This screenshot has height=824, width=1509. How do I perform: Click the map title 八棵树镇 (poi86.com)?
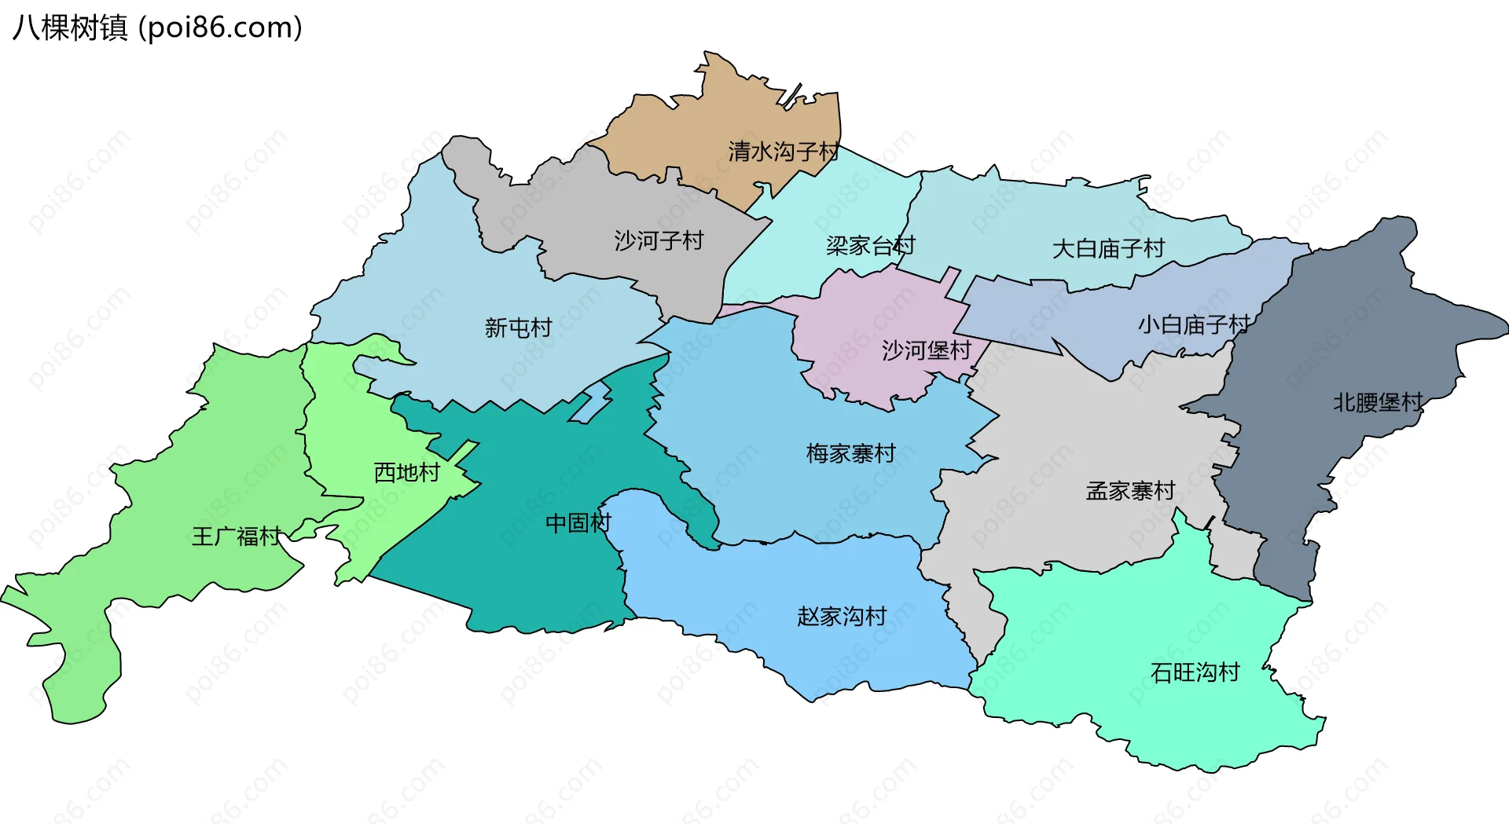pyautogui.click(x=157, y=27)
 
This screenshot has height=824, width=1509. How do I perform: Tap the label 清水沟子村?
pyautogui.click(x=783, y=151)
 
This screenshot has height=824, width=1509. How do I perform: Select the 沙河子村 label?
pyautogui.click(x=659, y=240)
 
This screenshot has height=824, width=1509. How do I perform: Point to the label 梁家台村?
pyautogui.click(x=870, y=246)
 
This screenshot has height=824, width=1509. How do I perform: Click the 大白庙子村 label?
pyautogui.click(x=1108, y=249)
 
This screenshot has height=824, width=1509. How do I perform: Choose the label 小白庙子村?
pyautogui.click(x=1193, y=324)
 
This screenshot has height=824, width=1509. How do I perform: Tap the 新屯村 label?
pyautogui.click(x=518, y=328)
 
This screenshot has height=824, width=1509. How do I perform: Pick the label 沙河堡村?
pyautogui.click(x=926, y=350)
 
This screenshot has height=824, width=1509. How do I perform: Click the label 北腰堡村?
pyautogui.click(x=1377, y=403)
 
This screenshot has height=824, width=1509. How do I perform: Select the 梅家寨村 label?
pyautogui.click(x=850, y=453)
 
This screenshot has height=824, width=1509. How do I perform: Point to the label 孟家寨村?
pyautogui.click(x=1129, y=491)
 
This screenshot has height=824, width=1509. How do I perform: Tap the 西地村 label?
pyautogui.click(x=406, y=472)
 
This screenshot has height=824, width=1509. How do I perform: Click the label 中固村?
pyautogui.click(x=578, y=522)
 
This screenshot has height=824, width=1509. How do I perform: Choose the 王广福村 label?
pyautogui.click(x=236, y=537)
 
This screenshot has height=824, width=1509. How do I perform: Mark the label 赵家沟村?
pyautogui.click(x=841, y=616)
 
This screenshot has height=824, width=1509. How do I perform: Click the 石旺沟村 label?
pyautogui.click(x=1195, y=672)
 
